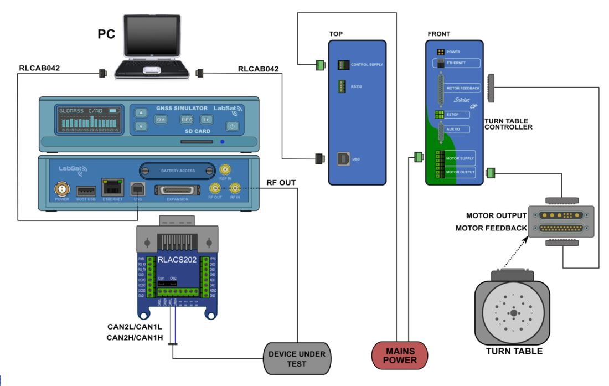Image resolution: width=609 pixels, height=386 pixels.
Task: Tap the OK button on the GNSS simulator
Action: (x=161, y=119)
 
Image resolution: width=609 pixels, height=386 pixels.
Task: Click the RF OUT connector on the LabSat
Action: (x=214, y=189)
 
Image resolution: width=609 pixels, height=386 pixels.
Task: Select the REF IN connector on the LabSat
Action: (x=225, y=170)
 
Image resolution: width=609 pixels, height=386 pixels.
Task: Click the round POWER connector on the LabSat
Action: (x=62, y=189)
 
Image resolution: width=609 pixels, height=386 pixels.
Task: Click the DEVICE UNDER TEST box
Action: (x=297, y=359)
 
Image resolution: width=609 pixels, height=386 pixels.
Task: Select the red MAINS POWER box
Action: (x=400, y=356)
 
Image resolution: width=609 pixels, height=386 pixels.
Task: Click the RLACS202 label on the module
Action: (x=177, y=259)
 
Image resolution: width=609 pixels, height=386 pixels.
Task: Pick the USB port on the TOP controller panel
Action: (x=343, y=158)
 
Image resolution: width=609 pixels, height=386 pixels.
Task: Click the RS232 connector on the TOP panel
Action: (x=342, y=87)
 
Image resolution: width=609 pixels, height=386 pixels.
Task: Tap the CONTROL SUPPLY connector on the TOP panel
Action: (x=343, y=65)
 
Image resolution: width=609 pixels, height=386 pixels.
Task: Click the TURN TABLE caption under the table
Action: (x=514, y=351)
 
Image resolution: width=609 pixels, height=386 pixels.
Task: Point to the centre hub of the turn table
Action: (x=513, y=313)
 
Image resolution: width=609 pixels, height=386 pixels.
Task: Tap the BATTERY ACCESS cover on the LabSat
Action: (x=178, y=171)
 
